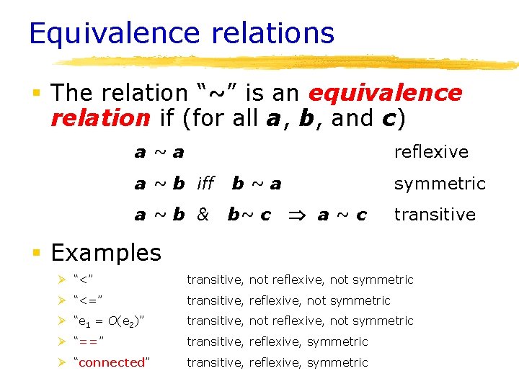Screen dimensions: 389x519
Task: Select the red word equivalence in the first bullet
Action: [385, 93]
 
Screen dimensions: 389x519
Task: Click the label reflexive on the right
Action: [431, 152]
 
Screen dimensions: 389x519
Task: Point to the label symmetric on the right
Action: [440, 184]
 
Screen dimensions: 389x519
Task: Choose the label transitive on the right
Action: [435, 215]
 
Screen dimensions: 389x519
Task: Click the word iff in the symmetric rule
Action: [205, 184]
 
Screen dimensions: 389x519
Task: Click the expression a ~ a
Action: [159, 152]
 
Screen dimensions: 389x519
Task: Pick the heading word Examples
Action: [106, 253]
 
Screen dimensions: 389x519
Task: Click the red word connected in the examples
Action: [111, 362]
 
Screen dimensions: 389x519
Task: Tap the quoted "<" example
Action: [84, 280]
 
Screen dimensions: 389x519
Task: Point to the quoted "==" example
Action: [90, 341]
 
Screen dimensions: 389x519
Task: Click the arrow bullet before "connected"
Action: [63, 362]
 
